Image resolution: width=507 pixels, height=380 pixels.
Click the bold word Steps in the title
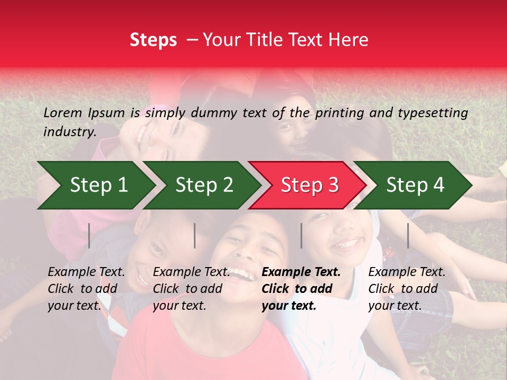pyautogui.click(x=153, y=40)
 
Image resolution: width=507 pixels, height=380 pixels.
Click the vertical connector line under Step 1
pyautogui.click(x=89, y=235)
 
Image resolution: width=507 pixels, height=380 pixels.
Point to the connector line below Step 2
pyautogui.click(x=195, y=235)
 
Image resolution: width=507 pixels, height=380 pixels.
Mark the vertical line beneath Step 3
pyautogui.click(x=301, y=235)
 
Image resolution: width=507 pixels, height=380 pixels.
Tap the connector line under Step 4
pyautogui.click(x=408, y=235)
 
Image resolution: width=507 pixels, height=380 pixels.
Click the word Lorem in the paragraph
pyautogui.click(x=62, y=112)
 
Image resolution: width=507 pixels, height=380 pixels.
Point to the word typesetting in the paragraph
pyautogui.click(x=433, y=113)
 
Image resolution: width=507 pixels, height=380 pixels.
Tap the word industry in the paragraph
pyautogui.click(x=70, y=132)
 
